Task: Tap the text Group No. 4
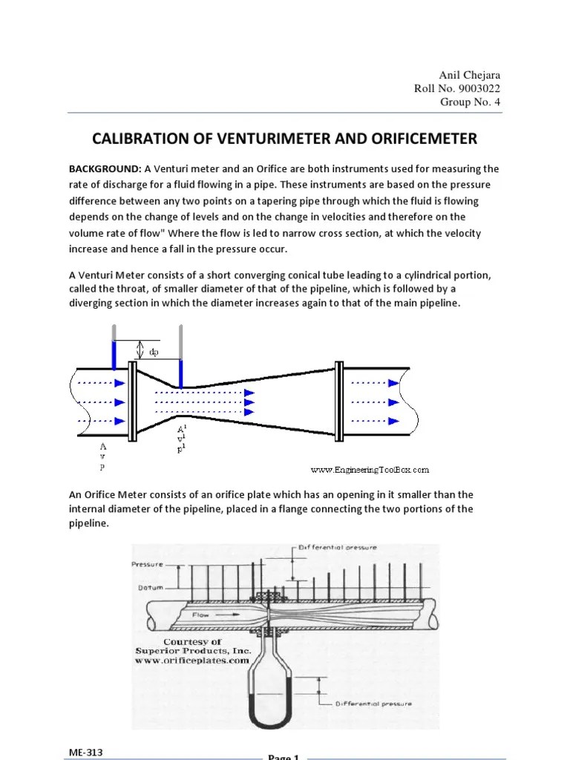[470, 102]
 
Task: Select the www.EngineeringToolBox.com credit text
[370, 469]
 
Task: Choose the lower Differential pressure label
[374, 703]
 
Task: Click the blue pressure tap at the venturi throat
[180, 372]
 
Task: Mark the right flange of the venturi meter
[338, 402]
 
